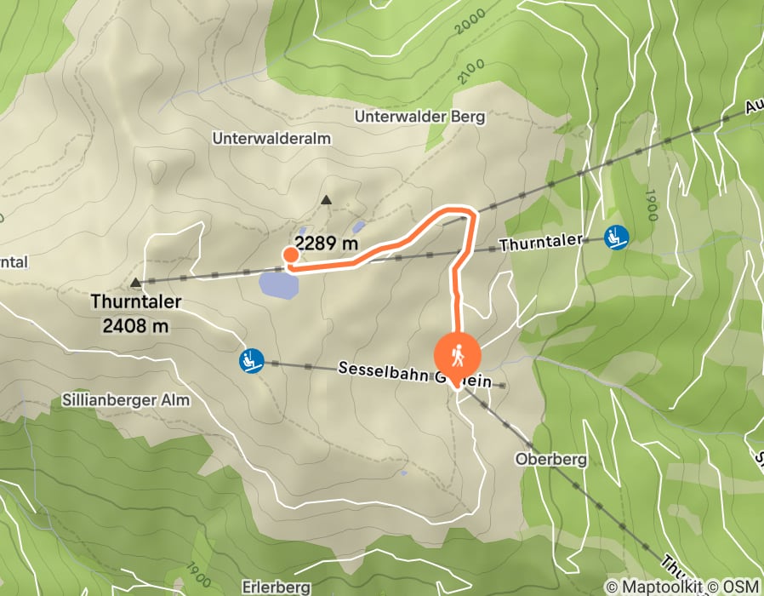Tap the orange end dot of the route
tap(290, 254)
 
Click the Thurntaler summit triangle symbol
tap(136, 282)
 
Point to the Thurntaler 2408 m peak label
tap(136, 312)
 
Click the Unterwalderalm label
tap(271, 138)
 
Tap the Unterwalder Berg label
tap(420, 116)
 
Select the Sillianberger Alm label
tap(126, 399)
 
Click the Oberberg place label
tap(551, 459)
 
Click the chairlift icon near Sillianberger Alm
tap(251, 362)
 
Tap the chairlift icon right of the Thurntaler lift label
tap(616, 237)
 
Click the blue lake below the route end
tap(279, 284)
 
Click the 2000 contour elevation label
tap(469, 23)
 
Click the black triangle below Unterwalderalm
tap(326, 200)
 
